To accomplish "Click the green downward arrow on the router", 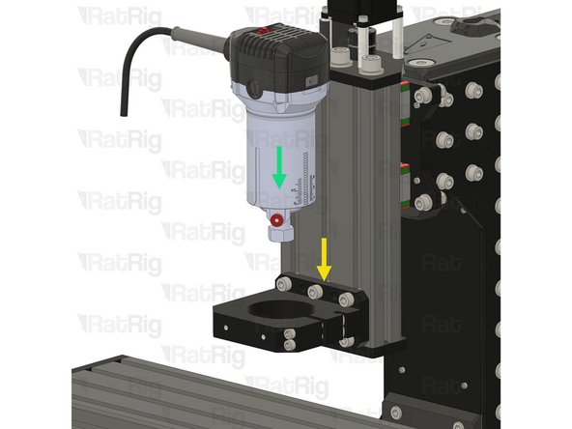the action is point(279,167).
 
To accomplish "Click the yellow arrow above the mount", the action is point(324,259).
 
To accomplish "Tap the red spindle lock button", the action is point(276,220).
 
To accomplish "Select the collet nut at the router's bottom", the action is point(281,234).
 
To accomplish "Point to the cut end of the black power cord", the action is point(125,114).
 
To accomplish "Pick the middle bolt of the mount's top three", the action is point(315,292).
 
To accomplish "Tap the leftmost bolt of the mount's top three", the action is point(283,283).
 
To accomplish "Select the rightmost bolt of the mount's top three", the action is point(346,300).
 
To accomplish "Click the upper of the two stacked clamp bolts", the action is point(290,333).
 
